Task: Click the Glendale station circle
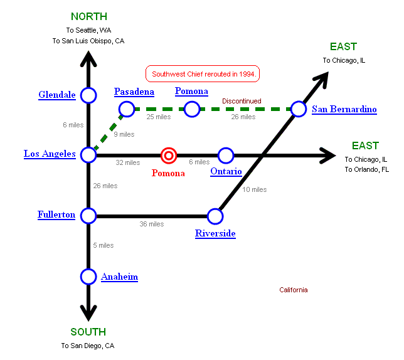click(x=88, y=95)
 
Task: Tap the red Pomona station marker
click(x=169, y=155)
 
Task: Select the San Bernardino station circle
click(x=299, y=109)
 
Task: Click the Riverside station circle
click(x=215, y=216)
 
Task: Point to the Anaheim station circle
click(x=88, y=276)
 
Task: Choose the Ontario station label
click(x=226, y=172)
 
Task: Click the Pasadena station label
click(x=134, y=92)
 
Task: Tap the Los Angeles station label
click(x=50, y=154)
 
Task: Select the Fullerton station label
click(x=56, y=215)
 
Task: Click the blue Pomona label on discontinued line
click(x=191, y=92)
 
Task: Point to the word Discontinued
click(x=242, y=101)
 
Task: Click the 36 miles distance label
click(x=151, y=224)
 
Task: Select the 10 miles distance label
click(x=255, y=189)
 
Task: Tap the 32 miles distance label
click(x=128, y=163)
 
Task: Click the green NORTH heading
click(x=88, y=17)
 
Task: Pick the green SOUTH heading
click(x=88, y=332)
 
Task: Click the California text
click(x=294, y=290)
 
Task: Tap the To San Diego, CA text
click(x=88, y=346)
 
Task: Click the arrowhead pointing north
click(x=88, y=58)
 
